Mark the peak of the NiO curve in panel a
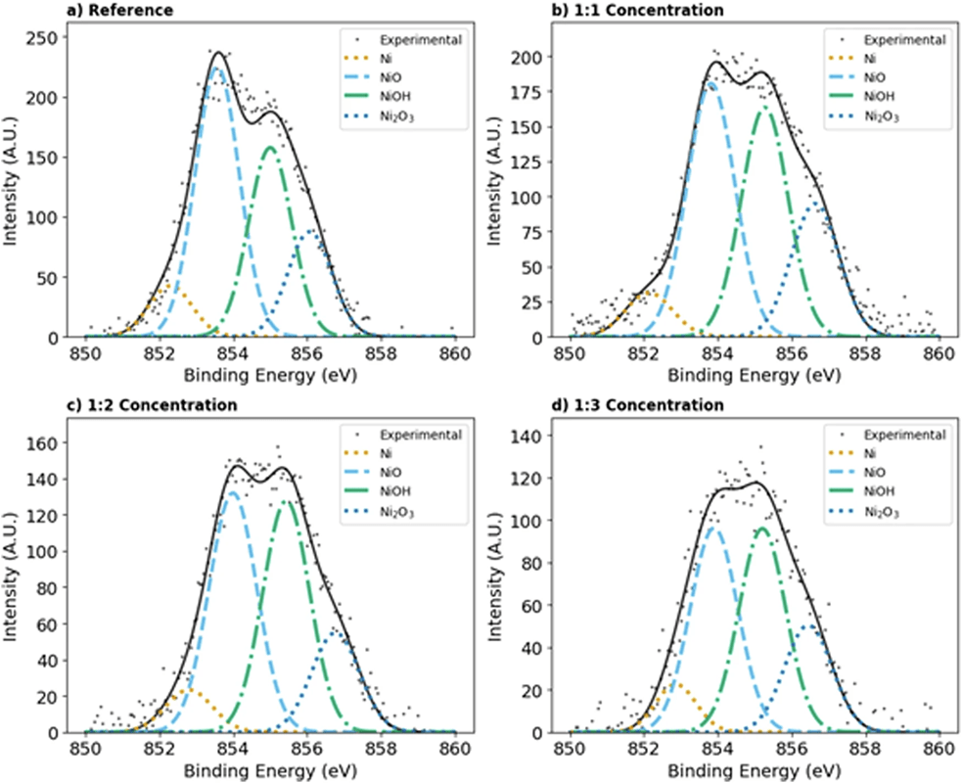pyautogui.click(x=217, y=69)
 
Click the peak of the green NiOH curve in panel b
pyautogui.click(x=766, y=108)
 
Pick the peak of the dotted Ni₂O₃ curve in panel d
pyautogui.click(x=809, y=625)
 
